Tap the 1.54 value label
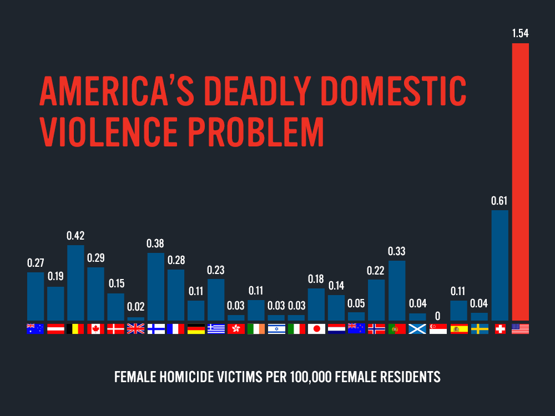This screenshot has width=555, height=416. click(x=520, y=33)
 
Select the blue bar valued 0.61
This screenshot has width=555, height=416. click(x=500, y=265)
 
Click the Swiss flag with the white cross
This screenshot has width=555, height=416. click(x=500, y=329)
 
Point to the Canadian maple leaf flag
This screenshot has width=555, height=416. click(x=95, y=329)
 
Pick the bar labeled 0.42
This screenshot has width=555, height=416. click(x=75, y=282)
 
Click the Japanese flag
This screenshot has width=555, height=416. click(x=316, y=329)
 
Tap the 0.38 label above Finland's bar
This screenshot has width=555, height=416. click(x=155, y=243)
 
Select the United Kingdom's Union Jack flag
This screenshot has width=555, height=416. click(x=135, y=329)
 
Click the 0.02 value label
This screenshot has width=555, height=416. click(x=135, y=307)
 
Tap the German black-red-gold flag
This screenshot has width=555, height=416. click(x=196, y=329)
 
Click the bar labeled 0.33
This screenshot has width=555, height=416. click(x=397, y=291)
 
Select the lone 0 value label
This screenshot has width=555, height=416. click(x=437, y=316)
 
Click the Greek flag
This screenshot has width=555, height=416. click(x=216, y=329)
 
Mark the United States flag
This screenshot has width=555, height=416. click(x=520, y=329)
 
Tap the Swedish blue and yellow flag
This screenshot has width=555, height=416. click(x=480, y=329)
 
